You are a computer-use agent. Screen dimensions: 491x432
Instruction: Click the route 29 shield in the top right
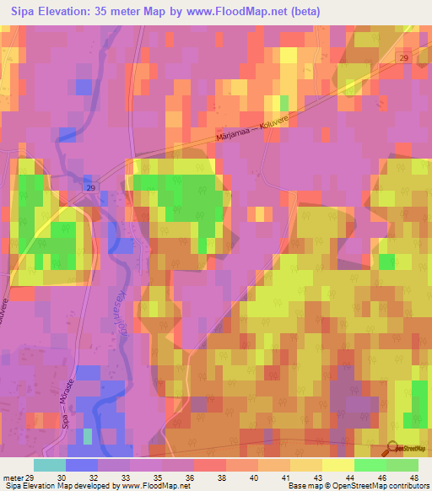(x=403, y=56)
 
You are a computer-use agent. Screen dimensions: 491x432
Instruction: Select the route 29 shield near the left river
(x=91, y=186)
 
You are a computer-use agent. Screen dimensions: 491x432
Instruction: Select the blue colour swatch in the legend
(x=82, y=465)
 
